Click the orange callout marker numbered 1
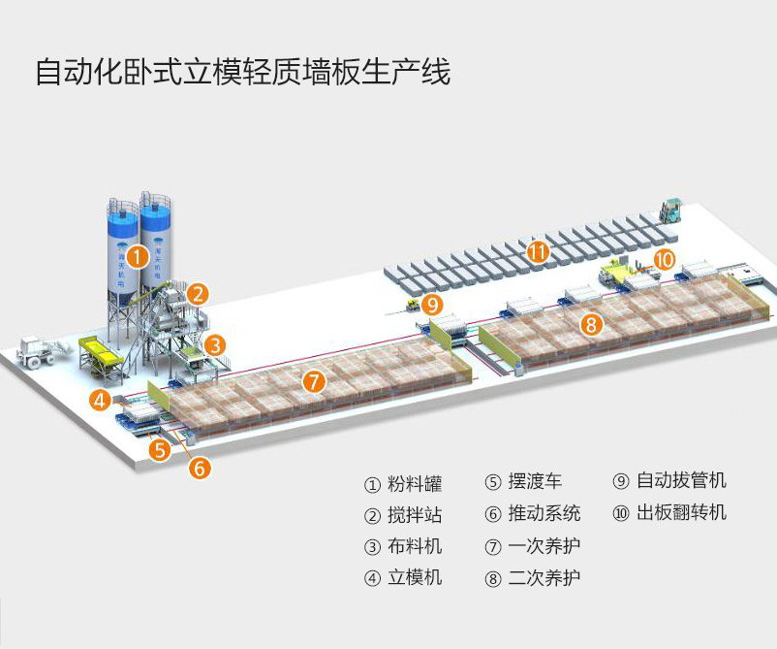tap(139, 257)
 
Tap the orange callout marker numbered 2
tap(198, 293)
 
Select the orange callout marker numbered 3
tap(215, 344)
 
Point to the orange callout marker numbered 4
tap(101, 399)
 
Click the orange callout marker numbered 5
tap(160, 449)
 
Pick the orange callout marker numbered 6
tap(200, 468)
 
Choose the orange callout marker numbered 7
tap(313, 381)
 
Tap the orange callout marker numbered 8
tap(591, 325)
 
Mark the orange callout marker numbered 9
tap(433, 305)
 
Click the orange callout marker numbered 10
tap(664, 259)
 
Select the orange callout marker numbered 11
tap(538, 251)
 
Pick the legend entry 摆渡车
tap(522, 482)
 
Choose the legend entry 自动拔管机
tap(669, 481)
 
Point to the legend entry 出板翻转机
tap(669, 512)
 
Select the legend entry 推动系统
tap(532, 513)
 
